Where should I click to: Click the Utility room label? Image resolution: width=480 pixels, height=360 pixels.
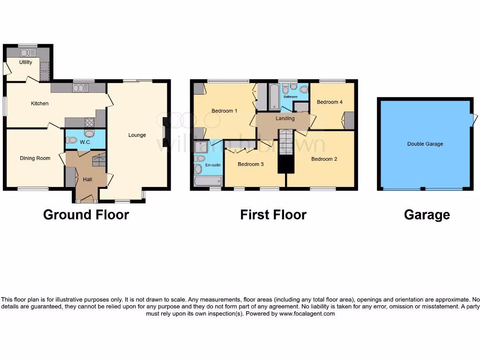pyautogui.click(x=26, y=62)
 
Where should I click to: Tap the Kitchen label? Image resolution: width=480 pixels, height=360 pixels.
pyautogui.click(x=40, y=104)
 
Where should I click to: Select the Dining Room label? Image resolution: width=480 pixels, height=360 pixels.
pyautogui.click(x=35, y=158)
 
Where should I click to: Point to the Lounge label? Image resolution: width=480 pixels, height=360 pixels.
pyautogui.click(x=137, y=135)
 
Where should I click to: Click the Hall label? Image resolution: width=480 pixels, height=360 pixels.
pyautogui.click(x=88, y=180)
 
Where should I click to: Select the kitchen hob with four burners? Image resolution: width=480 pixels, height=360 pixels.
pyautogui.click(x=89, y=122)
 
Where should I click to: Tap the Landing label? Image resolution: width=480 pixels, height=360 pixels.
pyautogui.click(x=285, y=119)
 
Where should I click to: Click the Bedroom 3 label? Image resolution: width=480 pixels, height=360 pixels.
pyautogui.click(x=251, y=165)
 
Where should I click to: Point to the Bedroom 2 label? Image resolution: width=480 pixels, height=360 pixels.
pyautogui.click(x=324, y=159)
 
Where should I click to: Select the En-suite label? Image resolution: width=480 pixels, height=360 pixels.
pyautogui.click(x=213, y=165)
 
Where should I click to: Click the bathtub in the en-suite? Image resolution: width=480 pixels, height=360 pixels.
pyautogui.click(x=208, y=181)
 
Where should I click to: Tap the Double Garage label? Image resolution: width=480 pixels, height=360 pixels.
pyautogui.click(x=425, y=144)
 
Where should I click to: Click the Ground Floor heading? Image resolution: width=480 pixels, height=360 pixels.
pyautogui.click(x=86, y=215)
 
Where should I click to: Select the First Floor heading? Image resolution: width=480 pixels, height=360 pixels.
pyautogui.click(x=273, y=215)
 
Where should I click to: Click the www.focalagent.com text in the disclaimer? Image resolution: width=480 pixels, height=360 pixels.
pyautogui.click(x=307, y=314)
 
